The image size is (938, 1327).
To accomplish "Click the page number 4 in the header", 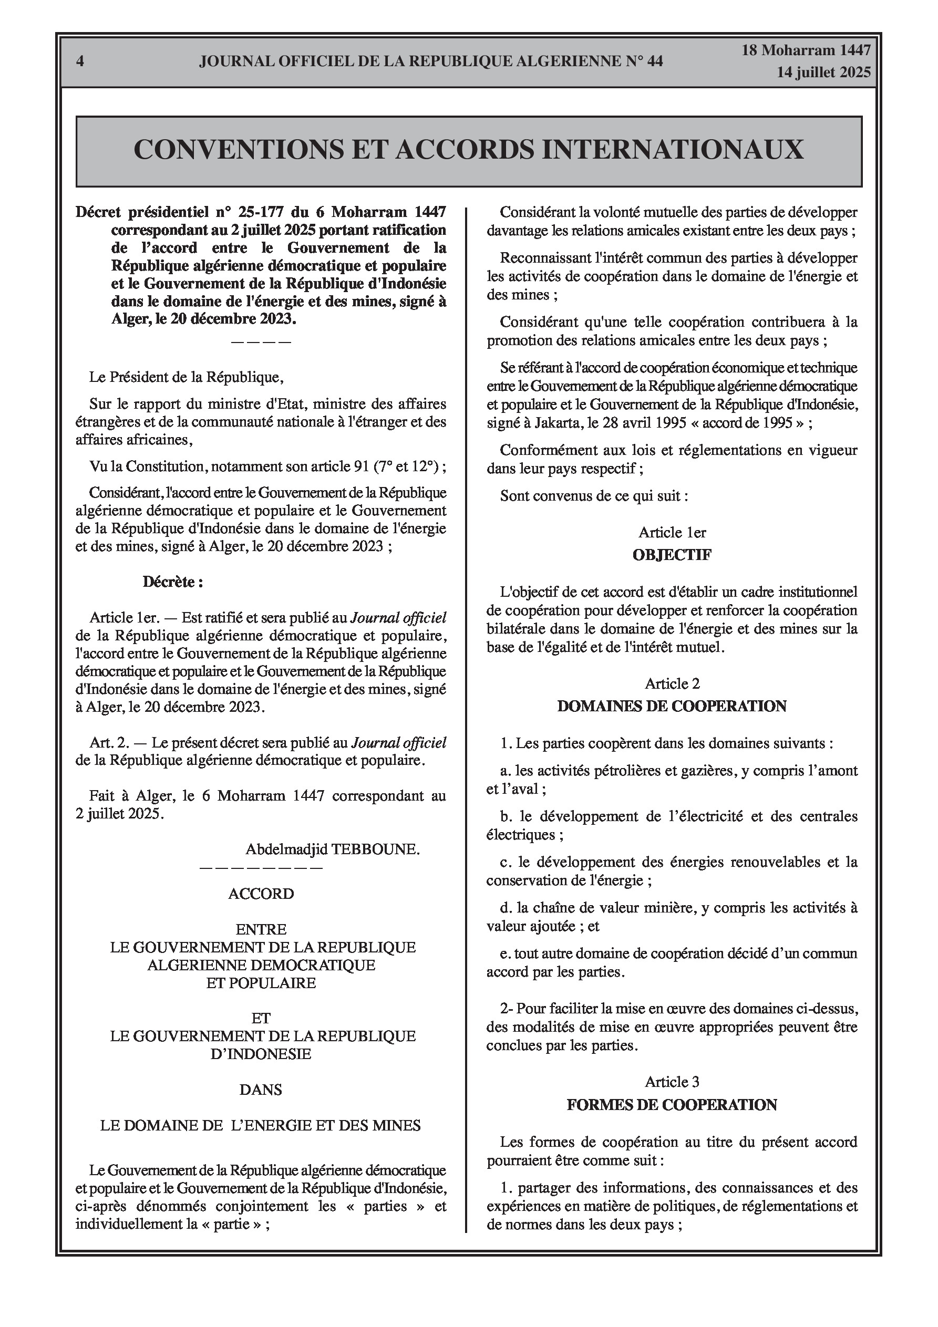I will click(80, 61).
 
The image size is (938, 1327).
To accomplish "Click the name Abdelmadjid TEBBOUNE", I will click(333, 849).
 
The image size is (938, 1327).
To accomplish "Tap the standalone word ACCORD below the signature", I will click(261, 894).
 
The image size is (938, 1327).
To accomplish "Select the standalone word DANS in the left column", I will click(261, 1090).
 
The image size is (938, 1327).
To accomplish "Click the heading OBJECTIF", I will click(672, 555).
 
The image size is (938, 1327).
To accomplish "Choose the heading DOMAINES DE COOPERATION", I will click(672, 706).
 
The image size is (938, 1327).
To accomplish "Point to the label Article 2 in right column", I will click(672, 684).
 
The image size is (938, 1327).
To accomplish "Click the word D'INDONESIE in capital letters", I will click(261, 1054).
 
